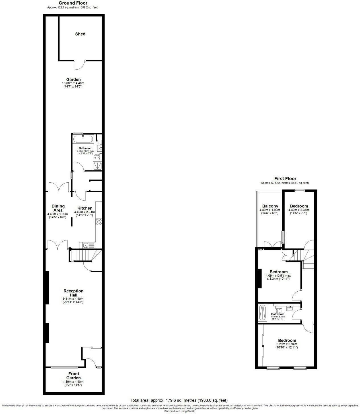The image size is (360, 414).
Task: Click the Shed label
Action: pos(80,34)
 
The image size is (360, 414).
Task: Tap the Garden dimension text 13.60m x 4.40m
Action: pos(73,83)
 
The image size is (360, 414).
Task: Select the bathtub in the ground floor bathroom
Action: pos(83,139)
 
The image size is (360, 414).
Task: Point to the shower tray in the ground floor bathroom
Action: pos(97,166)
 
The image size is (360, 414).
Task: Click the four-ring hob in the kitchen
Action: pos(99,222)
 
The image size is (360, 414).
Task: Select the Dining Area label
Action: pos(58,208)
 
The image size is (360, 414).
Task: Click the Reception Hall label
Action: pos(73,293)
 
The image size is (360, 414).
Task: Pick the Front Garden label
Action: pos(74,376)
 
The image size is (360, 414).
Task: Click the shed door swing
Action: pos(80,65)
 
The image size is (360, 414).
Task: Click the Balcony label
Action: pos(270,206)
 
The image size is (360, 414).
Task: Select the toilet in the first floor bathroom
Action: pos(279,310)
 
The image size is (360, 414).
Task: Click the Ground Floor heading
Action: pos(73,3)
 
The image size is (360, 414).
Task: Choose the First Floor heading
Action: pos(285,178)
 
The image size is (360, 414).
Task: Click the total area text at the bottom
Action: pos(179,400)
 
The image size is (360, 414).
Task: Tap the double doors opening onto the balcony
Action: pos(273,244)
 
